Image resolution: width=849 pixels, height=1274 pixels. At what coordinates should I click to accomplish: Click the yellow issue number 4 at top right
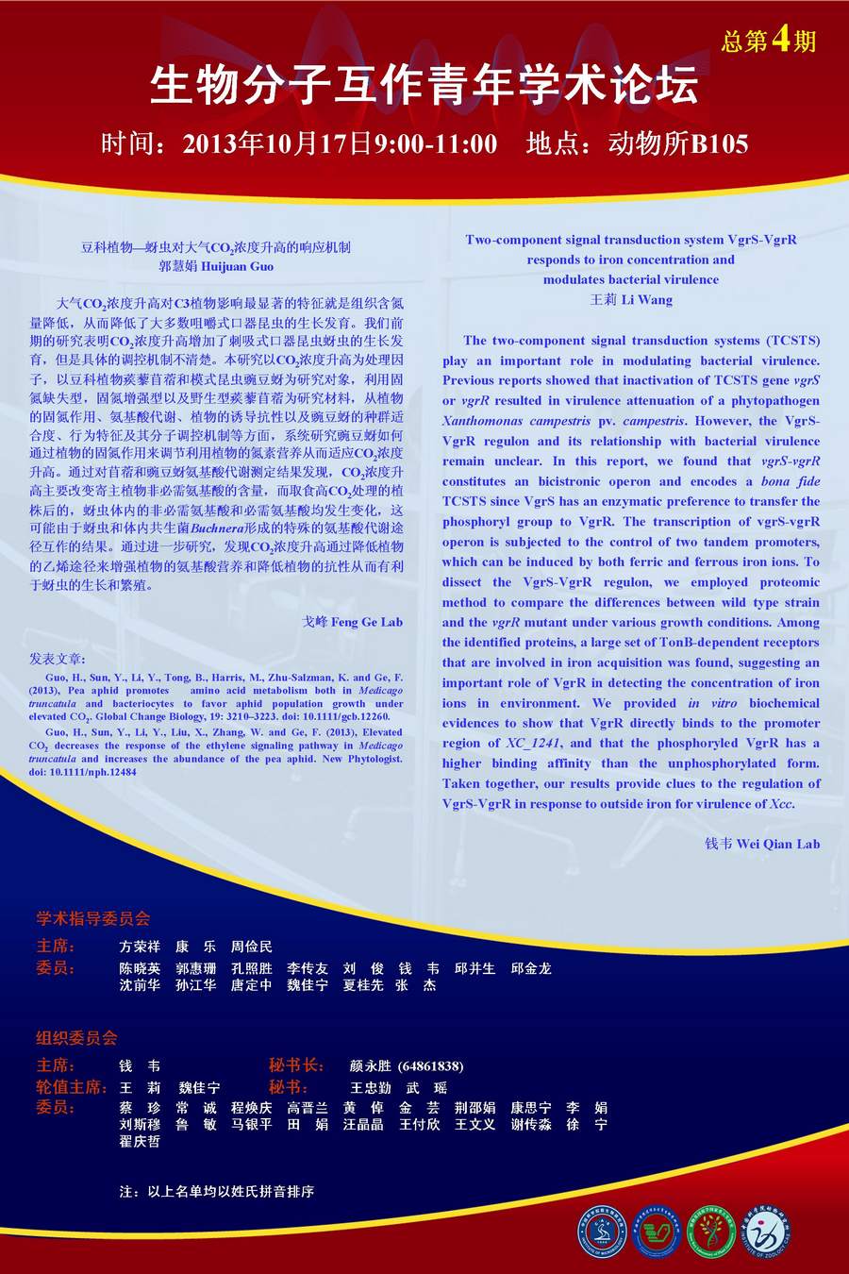pyautogui.click(x=780, y=39)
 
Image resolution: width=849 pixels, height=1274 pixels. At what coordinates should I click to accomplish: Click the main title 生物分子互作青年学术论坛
pyautogui.click(x=424, y=87)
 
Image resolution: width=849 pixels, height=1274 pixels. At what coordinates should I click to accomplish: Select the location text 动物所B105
pyautogui.click(x=678, y=143)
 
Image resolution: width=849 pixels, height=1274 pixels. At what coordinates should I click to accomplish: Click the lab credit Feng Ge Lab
pyautogui.click(x=366, y=622)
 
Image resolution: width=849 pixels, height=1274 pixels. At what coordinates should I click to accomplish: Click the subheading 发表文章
pyautogui.click(x=57, y=659)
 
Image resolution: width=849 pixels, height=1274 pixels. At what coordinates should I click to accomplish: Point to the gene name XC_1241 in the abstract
pyautogui.click(x=534, y=744)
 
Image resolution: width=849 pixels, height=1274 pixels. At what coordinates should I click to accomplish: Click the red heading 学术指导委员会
pyautogui.click(x=92, y=919)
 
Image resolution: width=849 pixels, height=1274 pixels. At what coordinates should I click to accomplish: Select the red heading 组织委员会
pyautogui.click(x=76, y=1038)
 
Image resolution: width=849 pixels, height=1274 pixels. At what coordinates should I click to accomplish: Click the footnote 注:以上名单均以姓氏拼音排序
pyautogui.click(x=216, y=1192)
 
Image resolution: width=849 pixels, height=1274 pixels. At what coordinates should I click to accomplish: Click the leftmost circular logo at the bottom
pyautogui.click(x=602, y=1232)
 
